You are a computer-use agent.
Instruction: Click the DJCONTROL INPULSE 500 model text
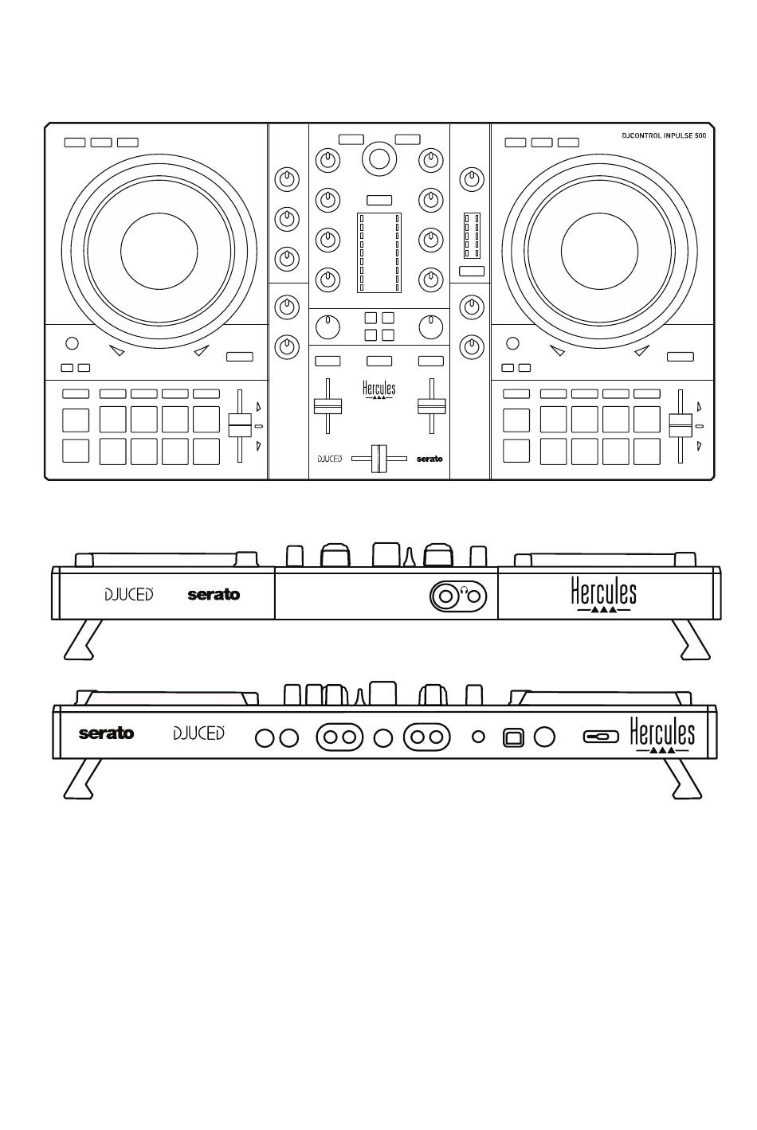click(664, 136)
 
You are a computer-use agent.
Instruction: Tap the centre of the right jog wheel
click(599, 250)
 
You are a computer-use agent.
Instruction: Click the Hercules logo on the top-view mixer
click(378, 390)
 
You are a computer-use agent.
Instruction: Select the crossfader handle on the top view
click(378, 459)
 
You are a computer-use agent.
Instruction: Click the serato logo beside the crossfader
click(429, 459)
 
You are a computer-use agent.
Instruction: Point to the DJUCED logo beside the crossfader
click(330, 459)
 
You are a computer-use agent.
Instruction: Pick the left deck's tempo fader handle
click(239, 425)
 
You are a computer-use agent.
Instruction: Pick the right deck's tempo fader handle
click(680, 425)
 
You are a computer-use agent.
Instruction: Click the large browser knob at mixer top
click(379, 158)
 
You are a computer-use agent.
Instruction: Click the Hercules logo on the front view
click(603, 595)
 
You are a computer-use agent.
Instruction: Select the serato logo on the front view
click(214, 595)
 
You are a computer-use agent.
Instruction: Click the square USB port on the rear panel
click(514, 737)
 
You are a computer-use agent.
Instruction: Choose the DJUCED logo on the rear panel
click(198, 733)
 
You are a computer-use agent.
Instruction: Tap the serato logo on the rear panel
click(106, 733)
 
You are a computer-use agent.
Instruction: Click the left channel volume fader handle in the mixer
click(327, 405)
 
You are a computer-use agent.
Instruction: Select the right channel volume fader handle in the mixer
click(431, 405)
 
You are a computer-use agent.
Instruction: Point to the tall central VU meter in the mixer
click(378, 252)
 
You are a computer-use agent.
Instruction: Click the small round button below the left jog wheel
click(72, 343)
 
